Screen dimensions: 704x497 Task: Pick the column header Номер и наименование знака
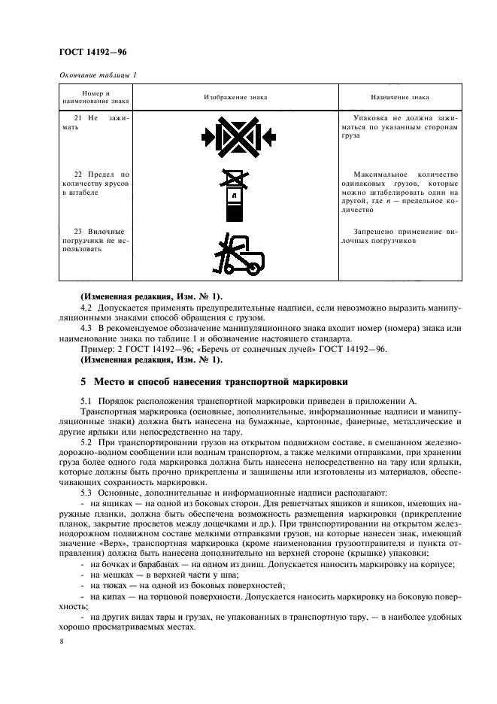coord(96,97)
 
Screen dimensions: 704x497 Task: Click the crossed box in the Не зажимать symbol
coord(238,137)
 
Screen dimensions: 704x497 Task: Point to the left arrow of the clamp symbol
coord(208,137)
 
